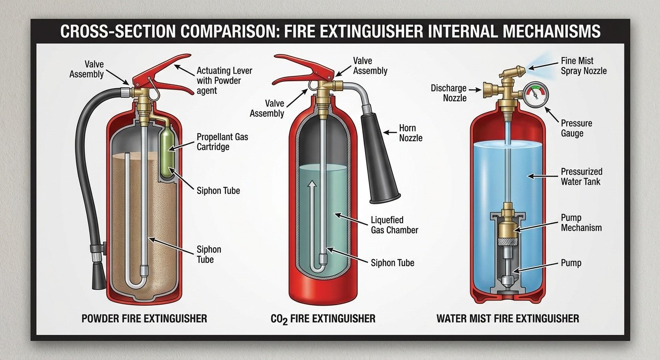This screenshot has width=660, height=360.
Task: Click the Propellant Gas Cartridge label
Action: pyautogui.click(x=223, y=142)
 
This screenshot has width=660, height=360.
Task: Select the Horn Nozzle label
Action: pyautogui.click(x=411, y=133)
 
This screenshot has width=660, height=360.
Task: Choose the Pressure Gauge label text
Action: pyautogui.click(x=576, y=128)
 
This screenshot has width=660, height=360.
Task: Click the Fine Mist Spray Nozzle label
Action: pyautogui.click(x=584, y=66)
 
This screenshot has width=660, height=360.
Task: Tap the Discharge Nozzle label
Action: pyautogui.click(x=449, y=93)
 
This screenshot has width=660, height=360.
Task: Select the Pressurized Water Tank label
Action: pyautogui.click(x=581, y=176)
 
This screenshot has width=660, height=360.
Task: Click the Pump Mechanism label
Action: pyautogui.click(x=581, y=223)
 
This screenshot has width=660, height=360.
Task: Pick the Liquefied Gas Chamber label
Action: pyautogui.click(x=394, y=225)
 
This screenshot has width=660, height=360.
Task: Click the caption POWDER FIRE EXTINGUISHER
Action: pyautogui.click(x=144, y=318)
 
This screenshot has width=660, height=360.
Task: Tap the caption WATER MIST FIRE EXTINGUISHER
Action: pyautogui.click(x=508, y=318)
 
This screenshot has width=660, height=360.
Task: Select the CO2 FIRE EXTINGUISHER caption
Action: pyautogui.click(x=323, y=319)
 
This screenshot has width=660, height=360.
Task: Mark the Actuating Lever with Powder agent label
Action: pyautogui.click(x=224, y=81)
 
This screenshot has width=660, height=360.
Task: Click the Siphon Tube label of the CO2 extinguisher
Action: pyautogui.click(x=392, y=263)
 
